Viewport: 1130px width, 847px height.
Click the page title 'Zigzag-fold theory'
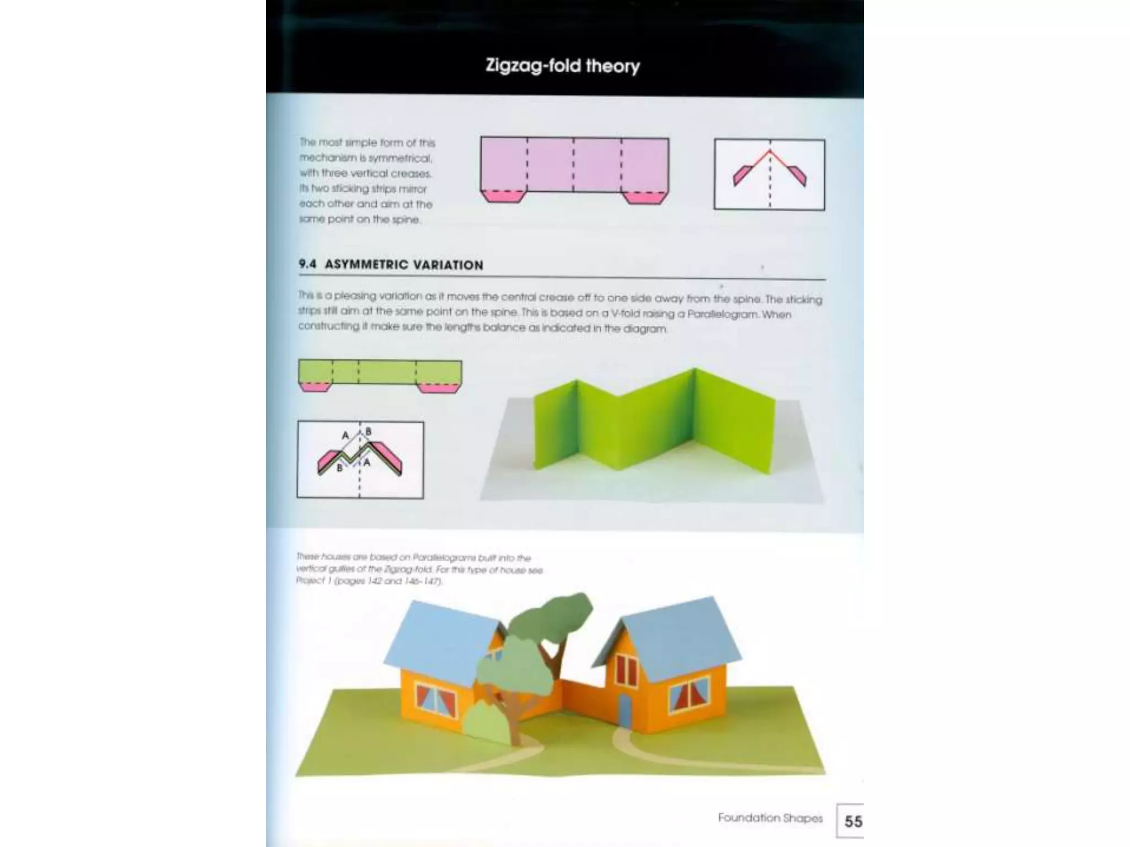(x=562, y=66)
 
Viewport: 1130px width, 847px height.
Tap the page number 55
(x=852, y=822)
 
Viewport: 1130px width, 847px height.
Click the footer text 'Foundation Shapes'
(x=770, y=818)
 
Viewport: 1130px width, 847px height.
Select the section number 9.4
(x=307, y=264)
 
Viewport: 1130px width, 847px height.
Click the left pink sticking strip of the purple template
(x=502, y=196)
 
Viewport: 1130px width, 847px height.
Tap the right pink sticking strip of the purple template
(x=645, y=197)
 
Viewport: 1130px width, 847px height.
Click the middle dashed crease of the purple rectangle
(x=574, y=165)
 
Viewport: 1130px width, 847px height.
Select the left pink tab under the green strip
(x=315, y=387)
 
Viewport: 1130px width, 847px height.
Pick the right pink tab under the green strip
(x=439, y=388)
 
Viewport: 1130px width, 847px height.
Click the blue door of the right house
(x=625, y=711)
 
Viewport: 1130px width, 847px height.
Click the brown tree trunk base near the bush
(x=514, y=736)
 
